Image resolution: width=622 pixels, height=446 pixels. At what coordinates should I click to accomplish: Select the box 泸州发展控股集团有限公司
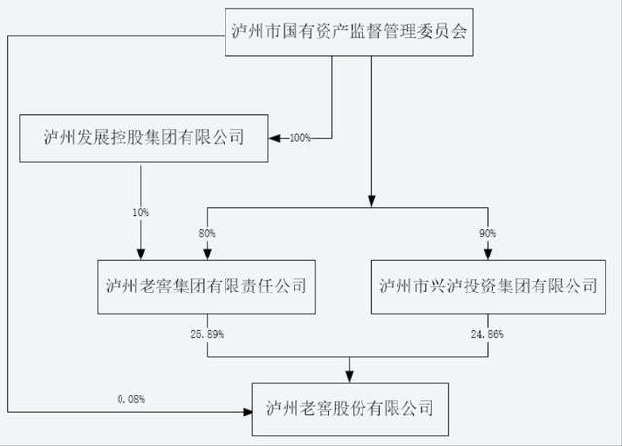[x=144, y=139]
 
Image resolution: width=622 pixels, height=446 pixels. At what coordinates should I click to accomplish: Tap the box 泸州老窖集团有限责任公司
[x=206, y=286]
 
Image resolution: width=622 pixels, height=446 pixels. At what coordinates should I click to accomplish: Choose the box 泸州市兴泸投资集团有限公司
[x=487, y=286]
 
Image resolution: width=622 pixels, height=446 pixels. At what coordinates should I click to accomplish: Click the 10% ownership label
[x=141, y=210]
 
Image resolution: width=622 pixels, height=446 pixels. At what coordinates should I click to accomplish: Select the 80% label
[x=206, y=234]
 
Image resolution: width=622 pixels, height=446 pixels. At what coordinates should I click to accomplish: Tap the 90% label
[x=486, y=234]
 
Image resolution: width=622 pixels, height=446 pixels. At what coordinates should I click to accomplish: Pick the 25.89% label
[x=207, y=334]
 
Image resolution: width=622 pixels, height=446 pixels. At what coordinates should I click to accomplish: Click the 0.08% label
[x=130, y=398]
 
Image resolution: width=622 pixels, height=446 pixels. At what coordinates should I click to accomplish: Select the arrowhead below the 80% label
[x=206, y=254]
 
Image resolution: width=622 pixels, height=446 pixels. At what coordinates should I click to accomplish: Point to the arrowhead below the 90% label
[x=486, y=254]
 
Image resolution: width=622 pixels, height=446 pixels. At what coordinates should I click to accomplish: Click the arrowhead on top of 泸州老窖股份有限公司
[x=351, y=374]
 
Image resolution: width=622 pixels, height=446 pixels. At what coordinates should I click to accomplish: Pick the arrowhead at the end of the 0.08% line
[x=247, y=411]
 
